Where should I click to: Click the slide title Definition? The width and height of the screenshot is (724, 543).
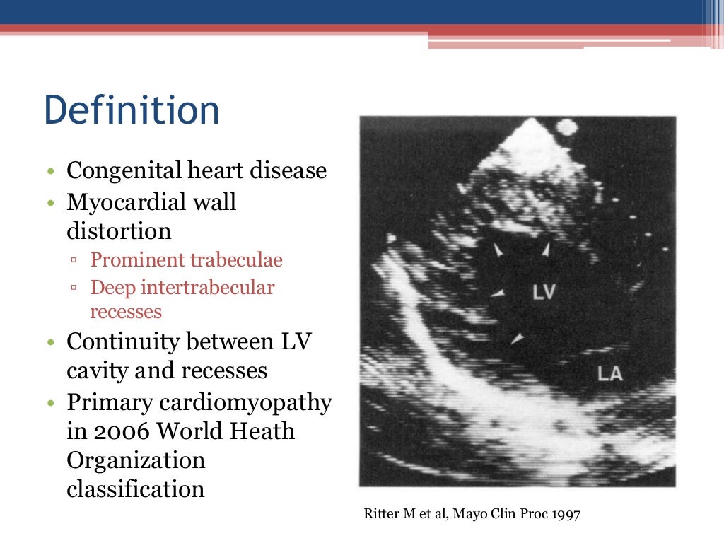click(x=132, y=111)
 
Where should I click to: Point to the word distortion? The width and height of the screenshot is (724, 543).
click(x=119, y=231)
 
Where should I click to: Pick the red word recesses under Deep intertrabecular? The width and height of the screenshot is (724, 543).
click(x=126, y=312)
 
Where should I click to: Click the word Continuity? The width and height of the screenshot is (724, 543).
click(x=122, y=341)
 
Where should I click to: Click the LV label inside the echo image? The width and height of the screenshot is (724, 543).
click(x=544, y=292)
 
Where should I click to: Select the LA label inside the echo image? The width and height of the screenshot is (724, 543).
click(x=609, y=373)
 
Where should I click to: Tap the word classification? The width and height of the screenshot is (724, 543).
click(x=136, y=489)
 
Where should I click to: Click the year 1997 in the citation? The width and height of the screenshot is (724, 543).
click(x=565, y=515)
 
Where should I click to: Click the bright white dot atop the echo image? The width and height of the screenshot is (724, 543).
click(x=566, y=129)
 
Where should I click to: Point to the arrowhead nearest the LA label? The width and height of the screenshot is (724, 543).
click(x=518, y=339)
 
